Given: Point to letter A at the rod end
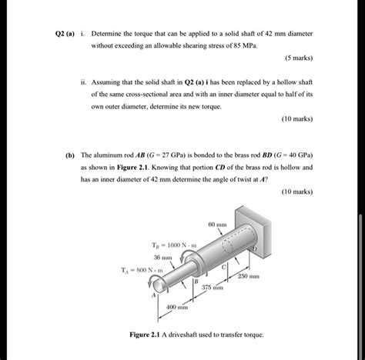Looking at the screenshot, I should (x=153, y=295).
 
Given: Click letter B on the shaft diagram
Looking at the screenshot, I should (x=196, y=285).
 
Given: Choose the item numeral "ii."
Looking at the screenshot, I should (x=82, y=79).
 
